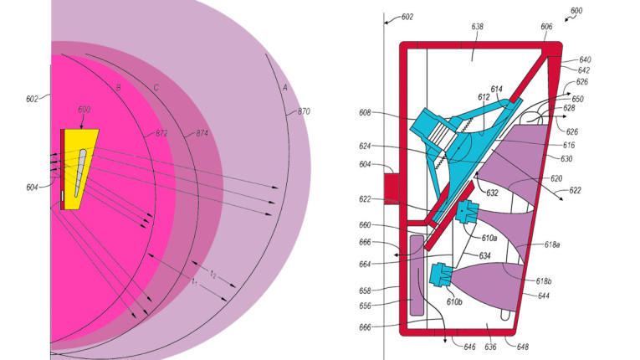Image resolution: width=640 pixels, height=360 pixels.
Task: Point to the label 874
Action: coord(202,133)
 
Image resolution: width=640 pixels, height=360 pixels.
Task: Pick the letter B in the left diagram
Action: coord(119,87)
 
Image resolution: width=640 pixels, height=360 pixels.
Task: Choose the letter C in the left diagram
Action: coord(156,87)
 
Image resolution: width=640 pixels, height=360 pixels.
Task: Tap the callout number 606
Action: coord(545,27)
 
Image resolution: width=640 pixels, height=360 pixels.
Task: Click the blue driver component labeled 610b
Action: coord(441,274)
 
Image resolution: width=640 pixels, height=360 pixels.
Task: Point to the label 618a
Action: coord(552,244)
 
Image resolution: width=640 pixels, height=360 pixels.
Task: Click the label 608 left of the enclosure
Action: coord(366,111)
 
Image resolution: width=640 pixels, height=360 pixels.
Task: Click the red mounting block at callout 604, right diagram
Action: coord(393,186)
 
